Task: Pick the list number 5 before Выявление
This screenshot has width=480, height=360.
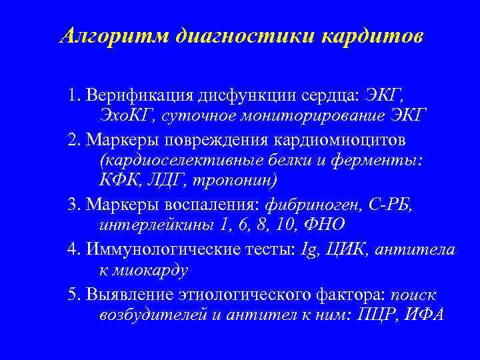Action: tap(71, 293)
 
